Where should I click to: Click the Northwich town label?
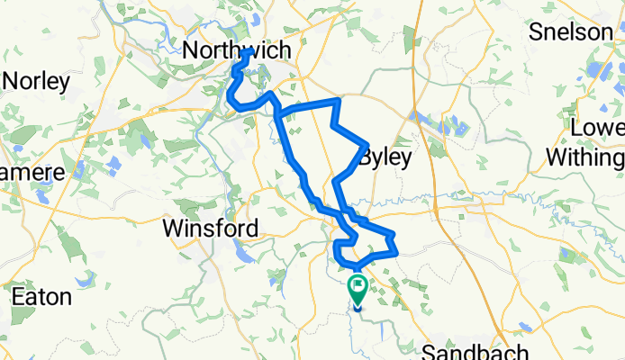click(237, 50)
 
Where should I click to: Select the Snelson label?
click(571, 32)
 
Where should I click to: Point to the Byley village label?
click(385, 158)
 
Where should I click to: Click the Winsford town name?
click(212, 229)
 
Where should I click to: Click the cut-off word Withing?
click(585, 158)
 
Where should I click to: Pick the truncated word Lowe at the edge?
click(598, 127)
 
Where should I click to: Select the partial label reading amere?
click(32, 171)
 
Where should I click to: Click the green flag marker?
click(358, 289)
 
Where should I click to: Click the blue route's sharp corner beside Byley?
click(365, 144)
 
